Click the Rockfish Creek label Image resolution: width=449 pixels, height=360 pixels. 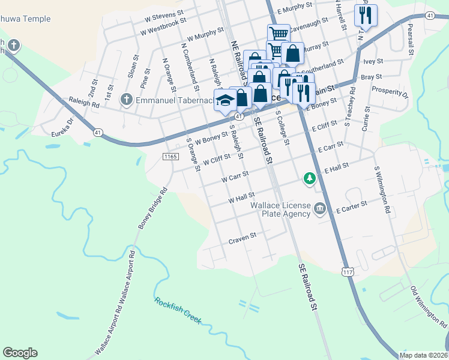pos(178,310)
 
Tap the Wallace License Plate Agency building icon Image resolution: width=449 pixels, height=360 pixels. pos(319,208)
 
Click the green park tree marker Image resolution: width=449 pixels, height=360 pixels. pos(309,178)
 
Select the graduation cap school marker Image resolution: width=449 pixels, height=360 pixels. pos(225,100)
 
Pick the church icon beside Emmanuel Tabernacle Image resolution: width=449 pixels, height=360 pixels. pos(127,99)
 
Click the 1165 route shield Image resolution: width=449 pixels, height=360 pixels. pos(170,157)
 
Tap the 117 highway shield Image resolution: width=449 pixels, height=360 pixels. pos(348,272)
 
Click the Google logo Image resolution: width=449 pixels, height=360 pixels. pos(20,353)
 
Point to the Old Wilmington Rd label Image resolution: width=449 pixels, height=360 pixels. pos(429,308)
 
